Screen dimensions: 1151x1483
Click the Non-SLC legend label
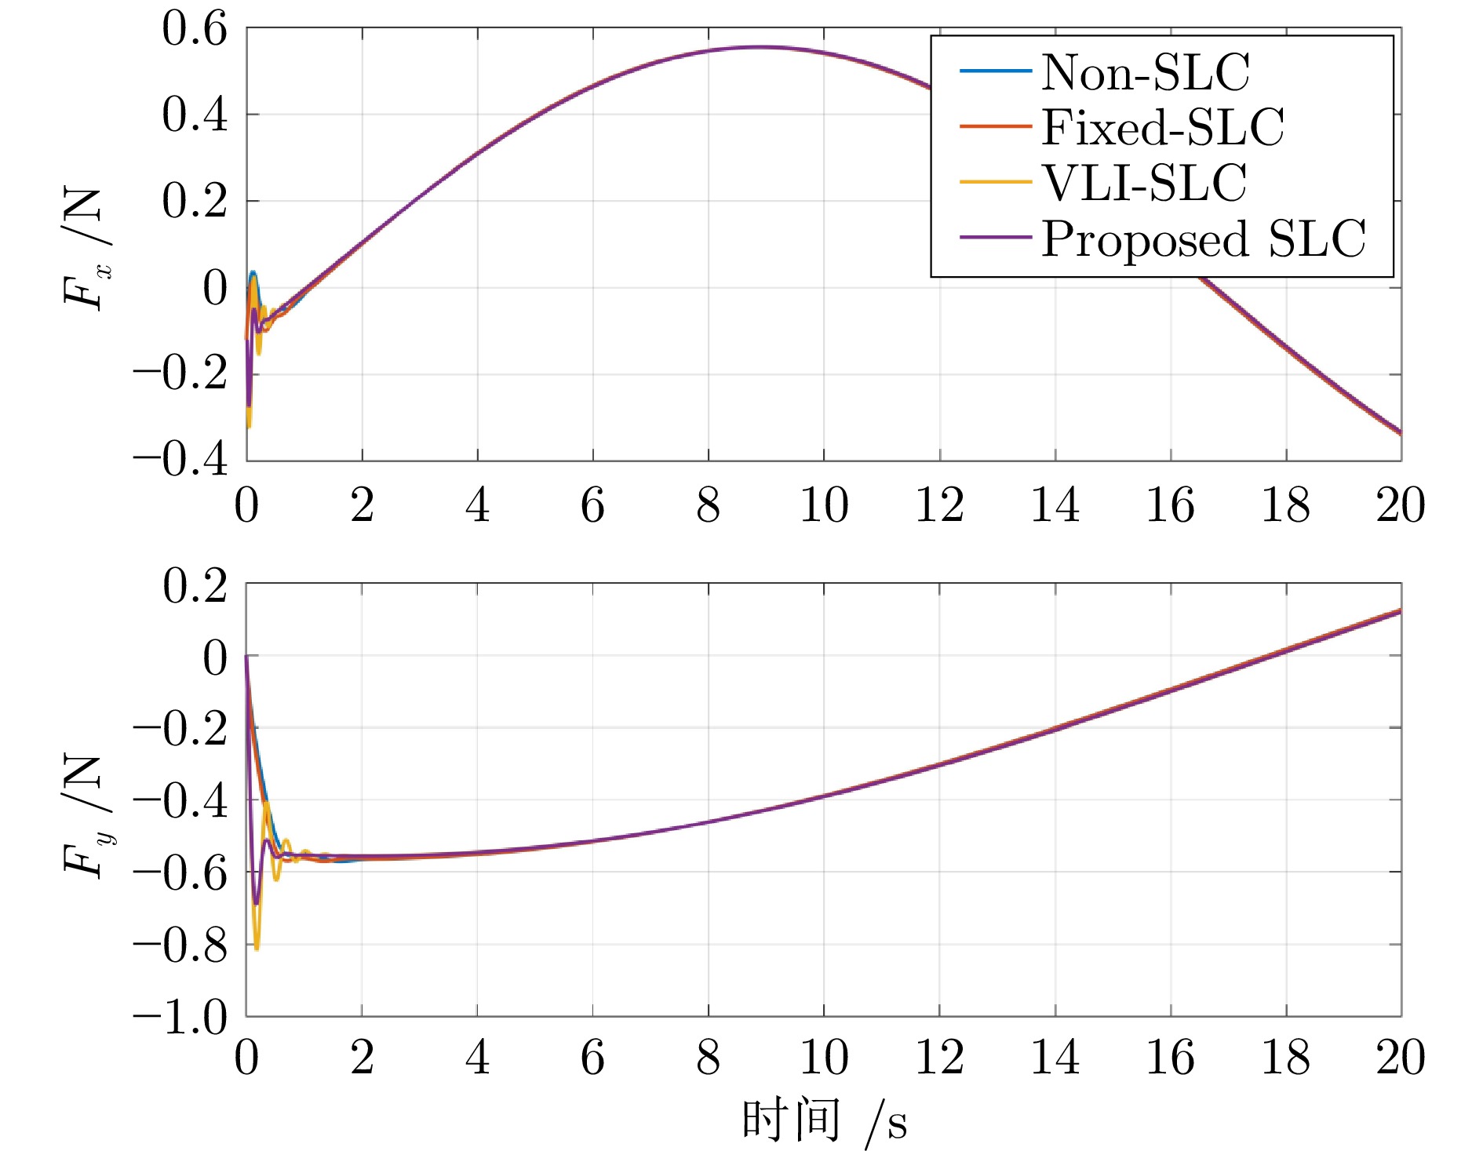pos(1145,72)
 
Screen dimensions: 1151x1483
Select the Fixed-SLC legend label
pos(1162,127)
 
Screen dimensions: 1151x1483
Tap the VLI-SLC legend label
pos(1143,183)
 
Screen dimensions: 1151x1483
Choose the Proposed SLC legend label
pos(1203,239)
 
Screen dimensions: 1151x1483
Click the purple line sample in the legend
pos(995,237)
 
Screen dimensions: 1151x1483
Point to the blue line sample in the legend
pos(995,71)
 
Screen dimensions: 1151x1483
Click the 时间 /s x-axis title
pos(823,1120)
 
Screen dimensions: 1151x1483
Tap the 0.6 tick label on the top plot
pos(195,29)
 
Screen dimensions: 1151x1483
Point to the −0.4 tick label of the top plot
pos(180,459)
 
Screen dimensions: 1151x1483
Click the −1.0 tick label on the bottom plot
pos(180,1017)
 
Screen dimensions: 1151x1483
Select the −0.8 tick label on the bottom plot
pos(180,945)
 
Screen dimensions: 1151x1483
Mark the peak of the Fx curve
pos(757,47)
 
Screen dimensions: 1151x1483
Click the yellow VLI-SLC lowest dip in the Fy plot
pos(257,949)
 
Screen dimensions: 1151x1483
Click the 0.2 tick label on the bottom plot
pos(195,585)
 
